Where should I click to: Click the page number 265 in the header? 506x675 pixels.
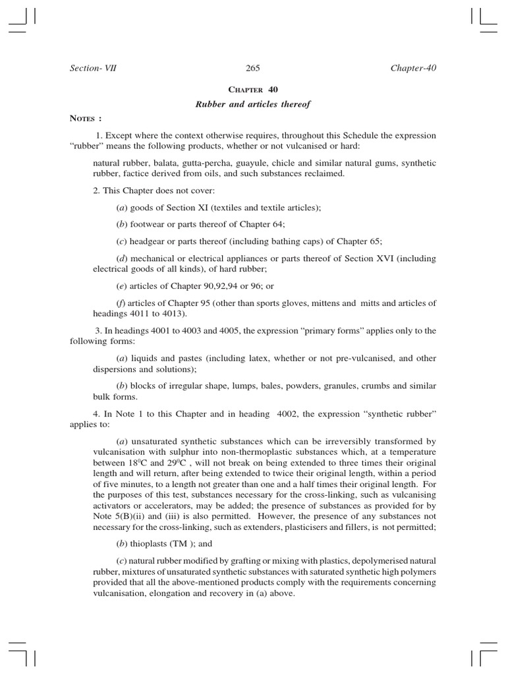tap(253, 68)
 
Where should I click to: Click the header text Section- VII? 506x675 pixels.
tap(93, 68)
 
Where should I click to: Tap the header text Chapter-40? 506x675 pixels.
tap(413, 68)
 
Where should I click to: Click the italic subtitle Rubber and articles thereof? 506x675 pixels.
tap(253, 104)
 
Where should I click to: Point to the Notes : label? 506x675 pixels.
tap(86, 119)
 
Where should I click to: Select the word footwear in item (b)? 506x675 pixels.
tap(148, 224)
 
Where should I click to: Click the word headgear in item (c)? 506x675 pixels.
tap(150, 241)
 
